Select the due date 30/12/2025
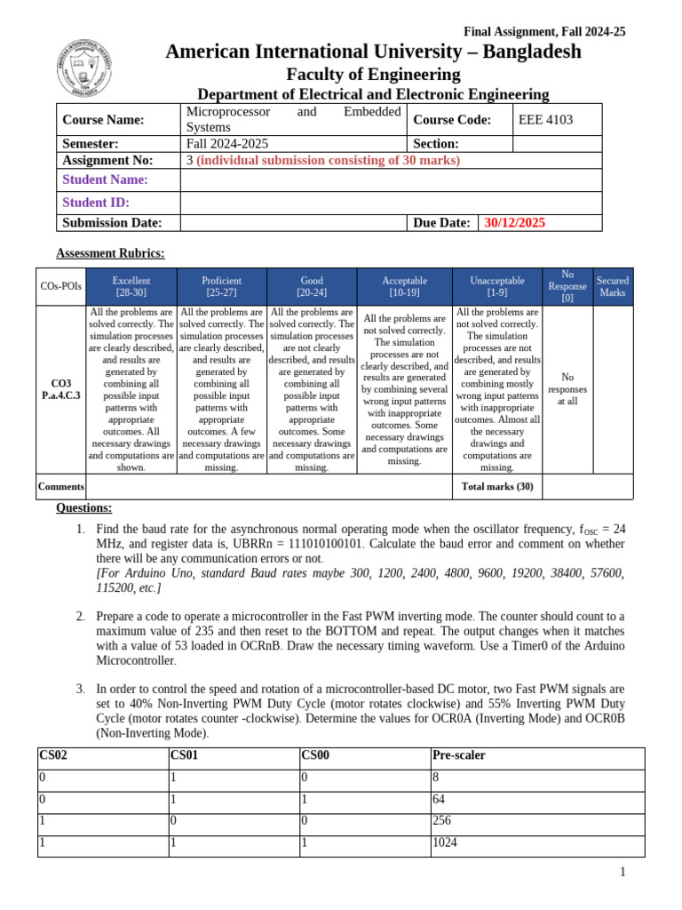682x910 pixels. coord(515,223)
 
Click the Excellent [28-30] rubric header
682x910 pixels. coord(131,286)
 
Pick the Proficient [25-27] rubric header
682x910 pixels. coord(221,286)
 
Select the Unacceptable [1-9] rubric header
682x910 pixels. coord(496,286)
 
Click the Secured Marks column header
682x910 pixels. coord(612,286)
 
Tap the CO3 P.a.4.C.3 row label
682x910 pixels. coord(61,389)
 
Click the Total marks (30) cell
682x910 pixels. coord(497,486)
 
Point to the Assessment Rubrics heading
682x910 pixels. coord(110,253)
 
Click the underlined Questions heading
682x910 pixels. coord(84,508)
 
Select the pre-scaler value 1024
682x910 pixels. coord(446,842)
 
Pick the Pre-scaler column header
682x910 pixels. coord(458,755)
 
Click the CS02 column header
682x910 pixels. coord(53,755)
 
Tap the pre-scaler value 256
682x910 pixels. coord(442,820)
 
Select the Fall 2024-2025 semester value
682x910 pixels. coord(227,143)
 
